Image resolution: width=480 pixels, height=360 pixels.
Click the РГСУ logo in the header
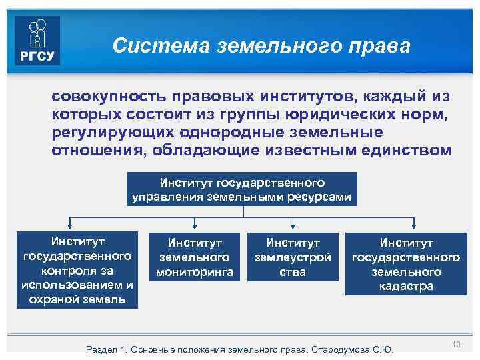click(x=37, y=40)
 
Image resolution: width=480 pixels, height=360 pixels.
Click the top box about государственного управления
click(x=242, y=189)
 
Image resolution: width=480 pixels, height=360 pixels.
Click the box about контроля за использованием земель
click(x=77, y=269)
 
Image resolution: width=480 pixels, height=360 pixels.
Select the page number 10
click(x=457, y=344)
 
